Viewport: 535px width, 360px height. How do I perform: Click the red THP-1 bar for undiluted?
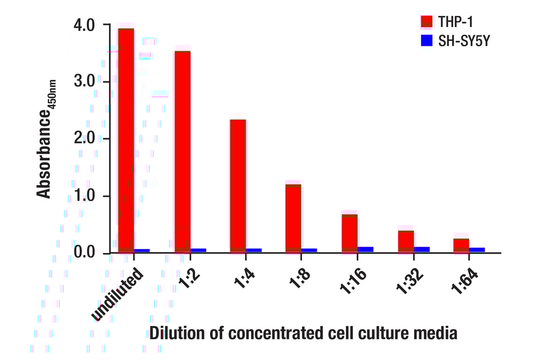click(126, 141)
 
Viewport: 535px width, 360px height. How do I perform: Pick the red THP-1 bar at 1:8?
click(294, 218)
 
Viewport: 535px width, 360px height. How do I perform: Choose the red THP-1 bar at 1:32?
click(406, 241)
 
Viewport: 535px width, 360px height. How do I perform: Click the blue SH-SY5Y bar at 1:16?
click(366, 249)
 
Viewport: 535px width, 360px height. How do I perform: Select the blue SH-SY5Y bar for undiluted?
click(142, 250)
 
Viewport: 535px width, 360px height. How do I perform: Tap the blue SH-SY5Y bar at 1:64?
click(477, 250)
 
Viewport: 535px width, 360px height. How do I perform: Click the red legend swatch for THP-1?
click(426, 21)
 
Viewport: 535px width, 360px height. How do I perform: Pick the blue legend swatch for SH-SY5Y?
click(426, 41)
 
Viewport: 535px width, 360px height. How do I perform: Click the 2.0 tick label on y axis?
click(84, 139)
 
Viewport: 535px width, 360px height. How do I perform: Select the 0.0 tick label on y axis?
click(84, 253)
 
